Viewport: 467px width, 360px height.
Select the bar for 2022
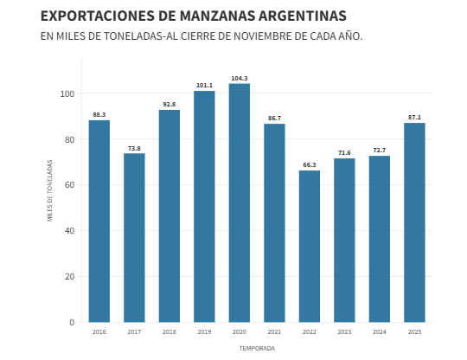pos(310,246)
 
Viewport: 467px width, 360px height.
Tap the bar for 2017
pos(134,237)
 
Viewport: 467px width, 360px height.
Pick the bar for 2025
pos(414,222)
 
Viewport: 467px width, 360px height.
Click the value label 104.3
pos(240,79)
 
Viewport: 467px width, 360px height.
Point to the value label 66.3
pos(310,165)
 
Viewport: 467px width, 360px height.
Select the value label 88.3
pos(99,115)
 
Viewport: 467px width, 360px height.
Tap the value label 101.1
pos(204,86)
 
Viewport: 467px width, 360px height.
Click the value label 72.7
pos(380,151)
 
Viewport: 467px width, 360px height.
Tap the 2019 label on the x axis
pos(204,332)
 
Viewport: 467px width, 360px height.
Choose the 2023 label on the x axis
pos(344,332)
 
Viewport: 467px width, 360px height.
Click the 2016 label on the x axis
pos(99,332)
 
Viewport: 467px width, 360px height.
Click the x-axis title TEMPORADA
pos(257,348)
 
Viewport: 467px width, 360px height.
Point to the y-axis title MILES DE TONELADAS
pos(50,190)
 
